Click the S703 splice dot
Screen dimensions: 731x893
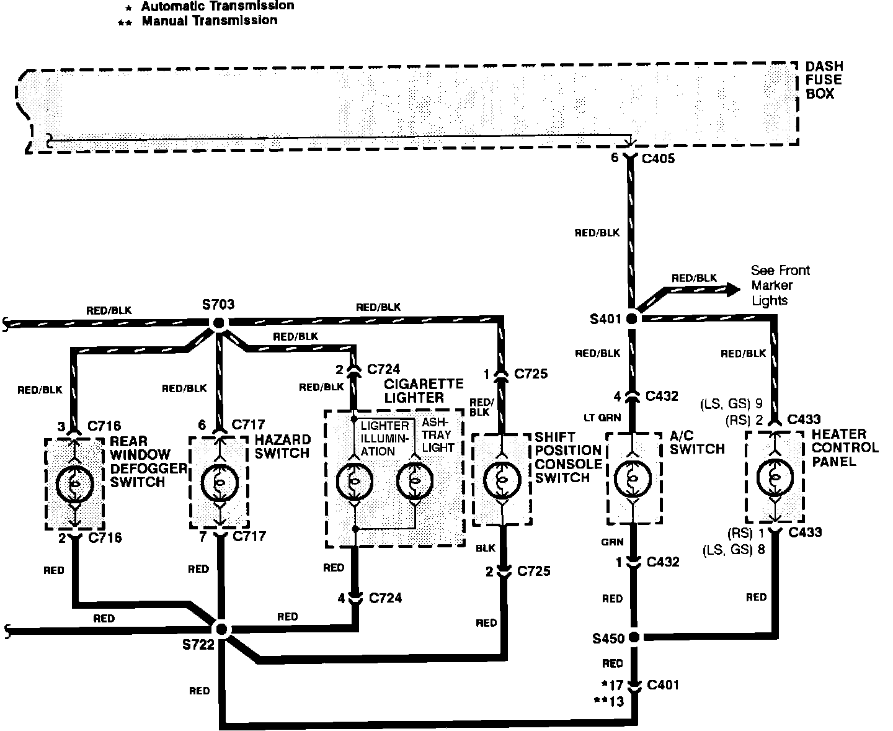[218, 323]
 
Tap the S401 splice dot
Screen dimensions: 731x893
[632, 318]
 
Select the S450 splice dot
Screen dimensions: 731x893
[634, 637]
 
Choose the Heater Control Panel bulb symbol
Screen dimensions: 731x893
[774, 477]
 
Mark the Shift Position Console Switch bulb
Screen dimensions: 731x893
[502, 478]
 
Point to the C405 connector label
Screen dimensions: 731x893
[658, 159]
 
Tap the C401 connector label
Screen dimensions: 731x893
[662, 685]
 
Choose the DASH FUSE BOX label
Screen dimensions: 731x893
[824, 80]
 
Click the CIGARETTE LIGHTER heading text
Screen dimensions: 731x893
[415, 390]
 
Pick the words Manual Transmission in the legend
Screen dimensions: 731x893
[210, 20]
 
